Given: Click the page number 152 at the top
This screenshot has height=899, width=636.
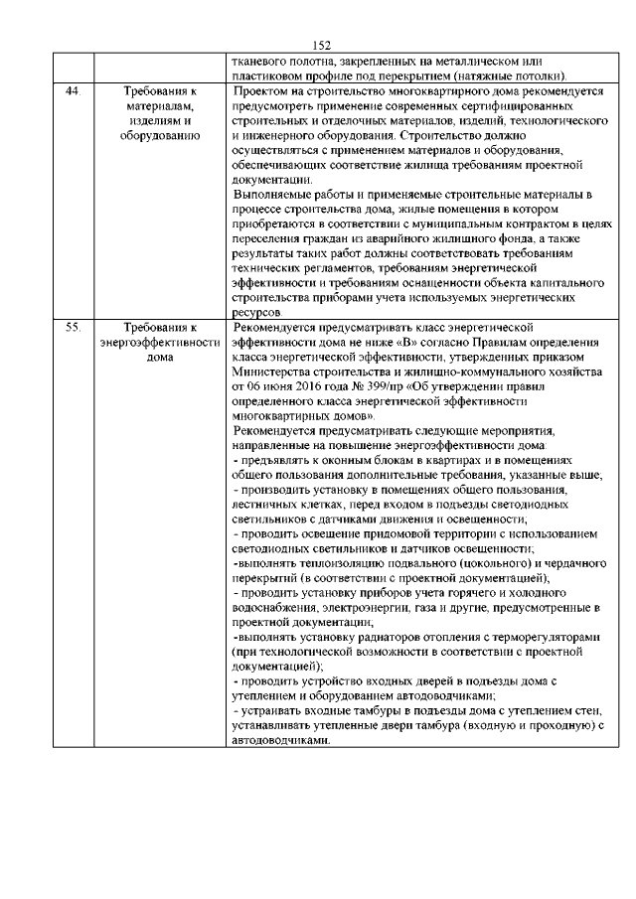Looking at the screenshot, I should pyautogui.click(x=320, y=46).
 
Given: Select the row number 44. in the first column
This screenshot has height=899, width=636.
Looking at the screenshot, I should pyautogui.click(x=72, y=90).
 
